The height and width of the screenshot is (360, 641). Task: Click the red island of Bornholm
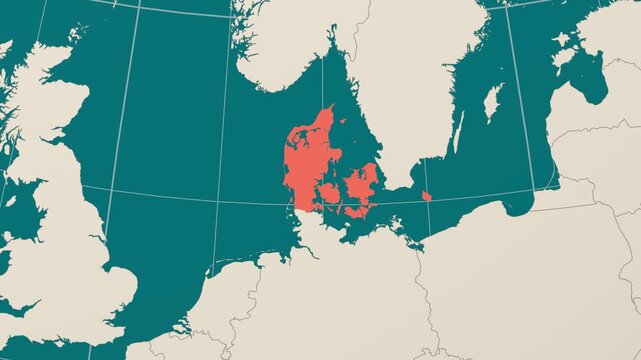click(427, 196)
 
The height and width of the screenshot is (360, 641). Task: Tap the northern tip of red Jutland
click(329, 107)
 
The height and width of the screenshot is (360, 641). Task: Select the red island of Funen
click(328, 193)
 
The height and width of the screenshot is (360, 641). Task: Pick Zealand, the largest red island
click(360, 184)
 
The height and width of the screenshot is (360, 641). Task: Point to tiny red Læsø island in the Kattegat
click(343, 122)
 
